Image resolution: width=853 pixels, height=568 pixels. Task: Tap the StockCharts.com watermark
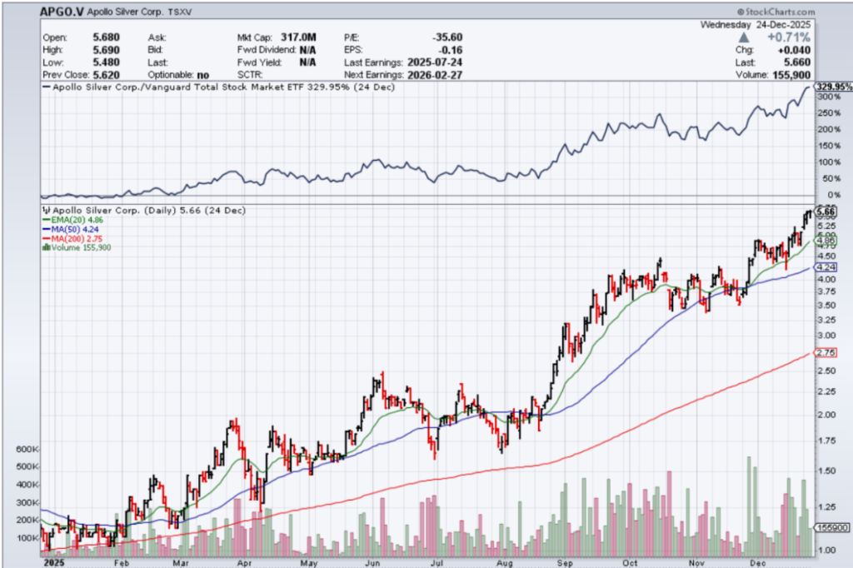775,12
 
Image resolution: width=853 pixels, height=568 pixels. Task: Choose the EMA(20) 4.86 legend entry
79,220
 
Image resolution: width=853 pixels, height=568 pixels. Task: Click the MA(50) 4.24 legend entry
77,229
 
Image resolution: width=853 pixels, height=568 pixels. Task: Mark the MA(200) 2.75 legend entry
79,238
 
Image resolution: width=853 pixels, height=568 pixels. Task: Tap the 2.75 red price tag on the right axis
826,353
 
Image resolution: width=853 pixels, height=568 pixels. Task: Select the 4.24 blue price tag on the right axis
826,267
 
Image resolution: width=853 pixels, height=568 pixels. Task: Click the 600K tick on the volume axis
27,449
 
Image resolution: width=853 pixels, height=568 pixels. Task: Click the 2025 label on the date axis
52,563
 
